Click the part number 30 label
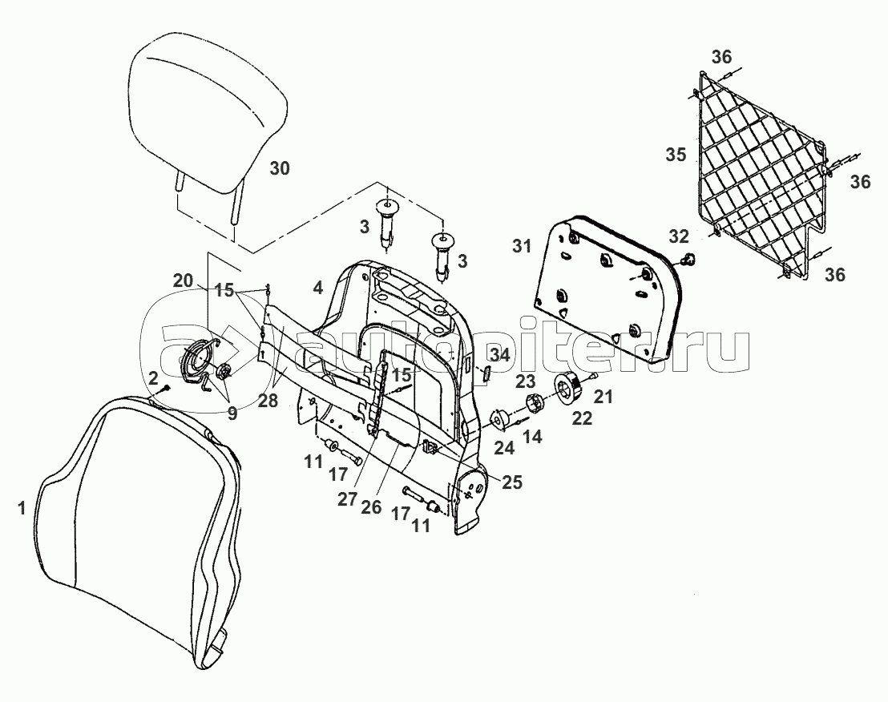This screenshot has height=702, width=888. pyautogui.click(x=279, y=168)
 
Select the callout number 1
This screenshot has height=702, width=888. pyautogui.click(x=22, y=508)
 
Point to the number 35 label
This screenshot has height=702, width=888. pyautogui.click(x=676, y=155)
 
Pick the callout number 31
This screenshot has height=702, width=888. pyautogui.click(x=522, y=246)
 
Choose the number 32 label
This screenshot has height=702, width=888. pyautogui.click(x=679, y=236)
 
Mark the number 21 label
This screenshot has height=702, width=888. pyautogui.click(x=603, y=397)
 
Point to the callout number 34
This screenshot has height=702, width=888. pyautogui.click(x=500, y=356)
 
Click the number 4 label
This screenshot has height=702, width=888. pyautogui.click(x=317, y=288)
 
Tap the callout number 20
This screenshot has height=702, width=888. pyautogui.click(x=183, y=280)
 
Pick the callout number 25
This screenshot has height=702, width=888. pyautogui.click(x=512, y=482)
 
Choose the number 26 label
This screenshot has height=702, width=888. pyautogui.click(x=371, y=506)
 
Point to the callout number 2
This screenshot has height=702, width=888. pyautogui.click(x=153, y=377)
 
